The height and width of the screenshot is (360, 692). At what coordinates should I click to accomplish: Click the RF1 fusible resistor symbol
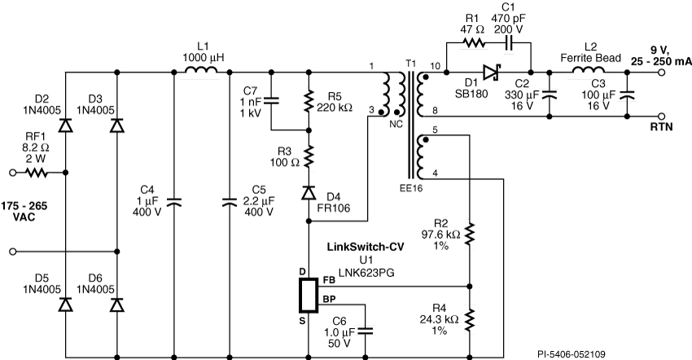tap(36, 173)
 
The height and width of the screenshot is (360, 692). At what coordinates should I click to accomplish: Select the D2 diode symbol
tap(66, 126)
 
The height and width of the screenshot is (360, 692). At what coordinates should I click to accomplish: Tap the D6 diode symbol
tap(117, 305)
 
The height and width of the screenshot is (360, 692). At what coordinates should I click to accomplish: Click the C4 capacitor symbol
tap(174, 202)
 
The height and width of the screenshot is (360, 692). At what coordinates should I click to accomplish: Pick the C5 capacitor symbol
tap(229, 202)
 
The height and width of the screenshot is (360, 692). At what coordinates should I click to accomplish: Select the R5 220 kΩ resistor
tap(309, 101)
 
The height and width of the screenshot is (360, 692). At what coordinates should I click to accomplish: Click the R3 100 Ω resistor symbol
tap(309, 155)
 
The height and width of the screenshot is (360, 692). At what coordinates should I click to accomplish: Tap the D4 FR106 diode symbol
tap(309, 192)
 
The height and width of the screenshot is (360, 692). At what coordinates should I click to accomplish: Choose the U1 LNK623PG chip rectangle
tap(309, 295)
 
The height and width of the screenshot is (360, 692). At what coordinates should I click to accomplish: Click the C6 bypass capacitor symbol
tap(366, 331)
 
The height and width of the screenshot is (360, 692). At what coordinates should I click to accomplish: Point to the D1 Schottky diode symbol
tap(490, 72)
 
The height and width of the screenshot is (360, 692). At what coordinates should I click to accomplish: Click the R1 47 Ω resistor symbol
tap(474, 43)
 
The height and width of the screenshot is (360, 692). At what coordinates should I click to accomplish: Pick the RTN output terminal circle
tap(662, 116)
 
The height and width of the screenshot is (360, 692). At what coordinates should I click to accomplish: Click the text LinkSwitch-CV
tap(366, 247)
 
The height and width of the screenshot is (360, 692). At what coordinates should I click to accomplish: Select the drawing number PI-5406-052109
tap(572, 354)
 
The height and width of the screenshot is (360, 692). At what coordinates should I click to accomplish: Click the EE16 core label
tap(410, 188)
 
